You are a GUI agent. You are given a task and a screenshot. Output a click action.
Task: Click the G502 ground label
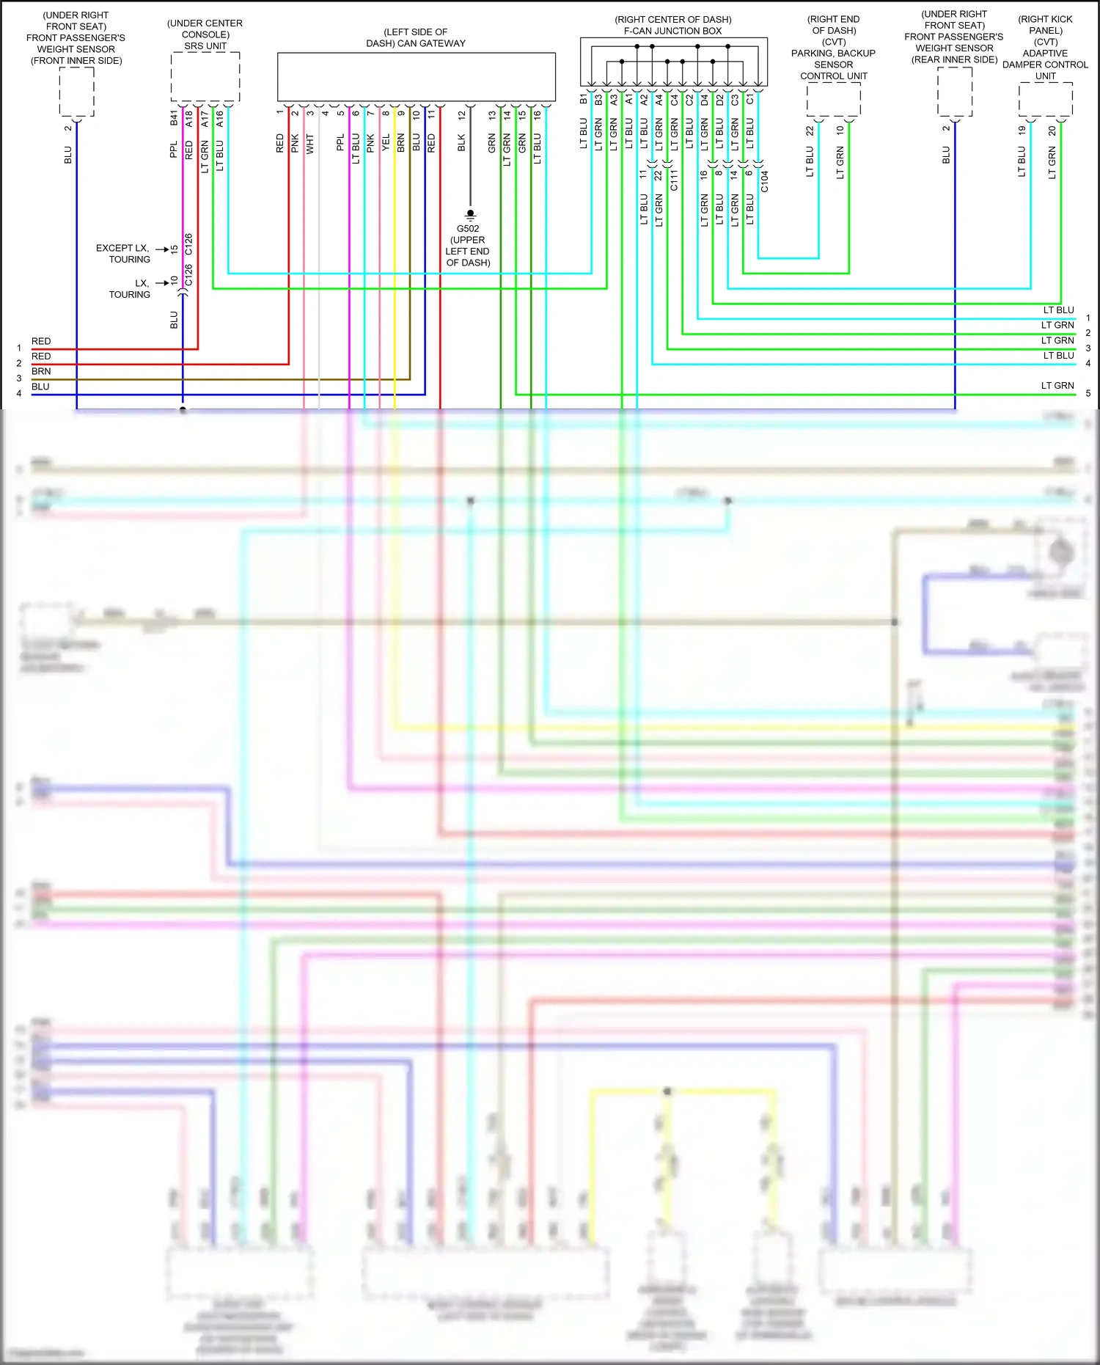[x=468, y=229]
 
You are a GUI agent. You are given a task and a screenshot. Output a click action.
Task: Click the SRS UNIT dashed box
[x=205, y=76]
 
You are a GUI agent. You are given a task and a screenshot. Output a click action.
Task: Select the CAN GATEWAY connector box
[x=416, y=76]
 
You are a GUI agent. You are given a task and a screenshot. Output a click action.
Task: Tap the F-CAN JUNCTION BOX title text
[x=672, y=31]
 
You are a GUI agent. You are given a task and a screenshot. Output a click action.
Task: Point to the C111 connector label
[x=674, y=180]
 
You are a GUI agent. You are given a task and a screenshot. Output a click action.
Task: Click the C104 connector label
[x=764, y=181]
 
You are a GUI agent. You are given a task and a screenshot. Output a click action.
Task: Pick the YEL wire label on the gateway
[x=386, y=143]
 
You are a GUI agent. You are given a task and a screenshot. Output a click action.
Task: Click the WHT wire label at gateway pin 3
[x=310, y=144]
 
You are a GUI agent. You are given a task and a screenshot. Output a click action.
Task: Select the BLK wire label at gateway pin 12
[x=461, y=143]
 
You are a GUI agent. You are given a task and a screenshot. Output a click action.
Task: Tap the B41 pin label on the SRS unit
[x=174, y=117]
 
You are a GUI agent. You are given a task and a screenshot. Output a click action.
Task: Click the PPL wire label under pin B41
[x=174, y=150]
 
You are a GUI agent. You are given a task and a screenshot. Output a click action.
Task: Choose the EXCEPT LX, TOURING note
[x=122, y=254]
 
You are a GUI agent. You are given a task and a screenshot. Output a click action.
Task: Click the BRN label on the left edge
[x=41, y=372]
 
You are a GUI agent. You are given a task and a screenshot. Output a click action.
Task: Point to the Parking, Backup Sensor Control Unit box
[x=834, y=100]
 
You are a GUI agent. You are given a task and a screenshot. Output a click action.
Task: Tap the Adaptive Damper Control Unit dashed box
[x=1046, y=99]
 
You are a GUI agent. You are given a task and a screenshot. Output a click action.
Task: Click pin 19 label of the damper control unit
[x=1022, y=131]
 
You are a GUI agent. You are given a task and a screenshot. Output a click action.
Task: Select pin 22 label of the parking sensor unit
[x=810, y=131]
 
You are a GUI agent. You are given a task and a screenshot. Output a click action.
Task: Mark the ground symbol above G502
[x=470, y=215]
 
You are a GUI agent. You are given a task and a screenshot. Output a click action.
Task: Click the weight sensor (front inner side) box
[x=76, y=92]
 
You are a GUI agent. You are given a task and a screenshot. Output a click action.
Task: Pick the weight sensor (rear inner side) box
[x=955, y=92]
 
